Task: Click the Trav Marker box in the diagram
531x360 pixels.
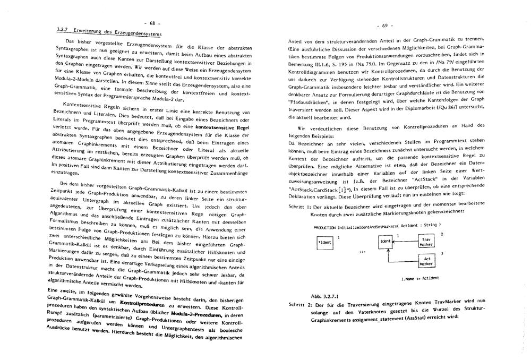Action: (426, 242)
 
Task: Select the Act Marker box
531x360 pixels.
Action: (426, 260)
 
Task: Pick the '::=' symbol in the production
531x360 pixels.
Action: (361, 252)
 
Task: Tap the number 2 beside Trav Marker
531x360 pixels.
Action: (441, 234)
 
